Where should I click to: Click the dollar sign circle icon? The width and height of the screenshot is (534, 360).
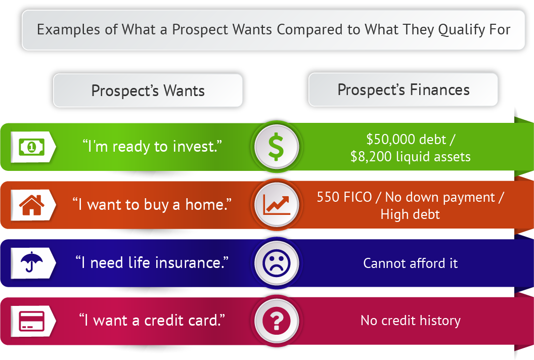point(277,147)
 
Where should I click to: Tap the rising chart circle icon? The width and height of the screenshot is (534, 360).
point(277,205)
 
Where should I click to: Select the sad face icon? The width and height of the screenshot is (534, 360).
point(277,263)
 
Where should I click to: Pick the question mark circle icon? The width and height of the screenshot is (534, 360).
point(277,321)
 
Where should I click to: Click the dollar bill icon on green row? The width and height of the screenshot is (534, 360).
point(32,147)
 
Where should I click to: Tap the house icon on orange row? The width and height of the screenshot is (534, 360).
point(32,205)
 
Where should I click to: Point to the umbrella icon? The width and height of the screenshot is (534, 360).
point(32,262)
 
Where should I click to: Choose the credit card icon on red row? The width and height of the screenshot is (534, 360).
point(32,321)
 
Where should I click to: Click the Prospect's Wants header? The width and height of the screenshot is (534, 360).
point(148,91)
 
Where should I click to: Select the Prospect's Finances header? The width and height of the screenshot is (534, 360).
point(403,89)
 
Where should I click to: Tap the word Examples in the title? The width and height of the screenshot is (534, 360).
point(69,30)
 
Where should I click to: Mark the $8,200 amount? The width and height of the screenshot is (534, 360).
point(371,157)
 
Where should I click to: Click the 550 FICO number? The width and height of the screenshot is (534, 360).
point(344,197)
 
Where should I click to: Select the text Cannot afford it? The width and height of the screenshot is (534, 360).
point(411,263)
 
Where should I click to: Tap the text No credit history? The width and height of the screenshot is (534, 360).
point(411,321)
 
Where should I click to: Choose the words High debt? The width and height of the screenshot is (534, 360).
point(410,214)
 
